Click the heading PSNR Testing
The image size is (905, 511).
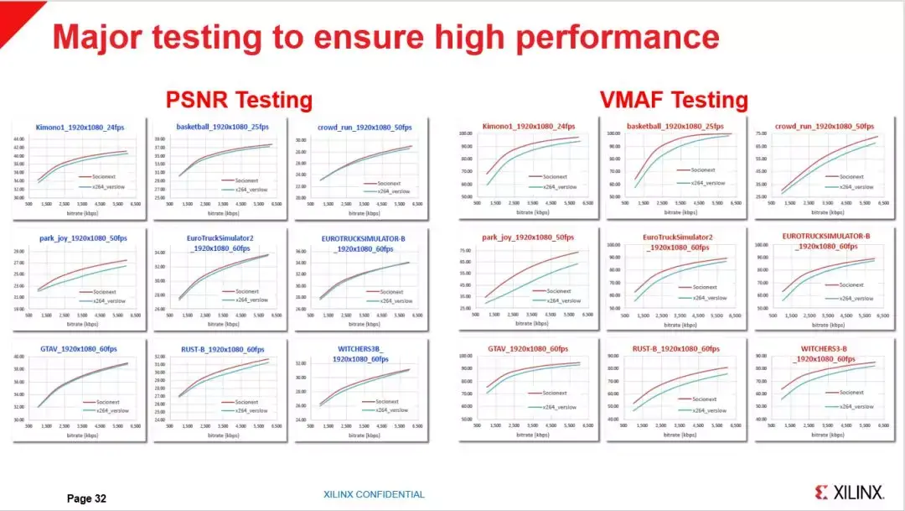pyautogui.click(x=239, y=101)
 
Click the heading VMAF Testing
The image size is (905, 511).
pyautogui.click(x=674, y=101)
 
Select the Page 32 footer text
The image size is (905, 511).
pyautogui.click(x=86, y=498)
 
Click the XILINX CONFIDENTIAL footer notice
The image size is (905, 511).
pyautogui.click(x=374, y=494)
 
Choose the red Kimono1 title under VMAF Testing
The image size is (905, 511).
pyautogui.click(x=525, y=127)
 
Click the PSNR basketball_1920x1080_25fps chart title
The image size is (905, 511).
pyautogui.click(x=222, y=127)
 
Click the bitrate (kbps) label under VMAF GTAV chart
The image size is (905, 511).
pyautogui.click(x=531, y=435)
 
